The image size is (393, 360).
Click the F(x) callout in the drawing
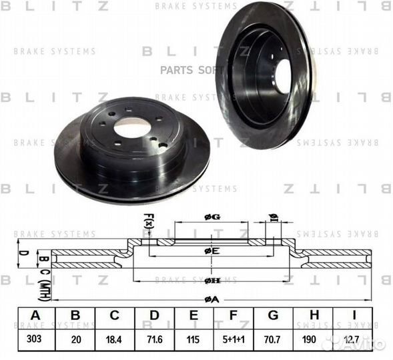tap(148, 221)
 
